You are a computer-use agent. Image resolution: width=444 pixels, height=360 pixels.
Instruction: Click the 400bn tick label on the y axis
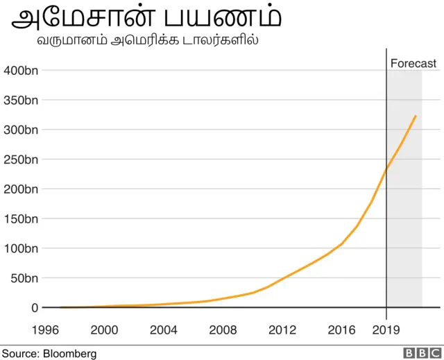(x=21, y=70)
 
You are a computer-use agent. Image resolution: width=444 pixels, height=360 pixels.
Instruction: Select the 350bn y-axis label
(x=21, y=100)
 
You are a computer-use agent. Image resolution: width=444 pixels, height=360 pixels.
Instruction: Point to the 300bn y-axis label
(x=21, y=130)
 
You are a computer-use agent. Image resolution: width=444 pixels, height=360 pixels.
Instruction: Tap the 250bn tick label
(x=21, y=160)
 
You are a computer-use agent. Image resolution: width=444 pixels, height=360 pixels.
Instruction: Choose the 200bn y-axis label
(x=21, y=189)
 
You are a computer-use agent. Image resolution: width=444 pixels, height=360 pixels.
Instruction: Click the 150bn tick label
(x=21, y=218)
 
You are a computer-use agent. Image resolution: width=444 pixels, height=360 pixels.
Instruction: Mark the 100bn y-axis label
(x=21, y=248)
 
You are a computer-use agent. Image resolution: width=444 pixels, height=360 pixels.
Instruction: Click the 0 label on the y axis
(x=35, y=307)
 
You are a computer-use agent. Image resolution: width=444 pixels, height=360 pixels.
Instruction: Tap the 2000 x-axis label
(x=103, y=329)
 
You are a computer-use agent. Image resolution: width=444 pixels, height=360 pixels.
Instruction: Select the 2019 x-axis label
(x=386, y=329)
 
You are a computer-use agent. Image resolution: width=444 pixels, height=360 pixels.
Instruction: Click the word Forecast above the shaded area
(x=413, y=64)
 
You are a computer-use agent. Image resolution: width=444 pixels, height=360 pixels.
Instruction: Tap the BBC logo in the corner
(x=418, y=353)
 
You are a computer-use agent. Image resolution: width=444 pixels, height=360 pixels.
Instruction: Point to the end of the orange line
(x=416, y=116)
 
